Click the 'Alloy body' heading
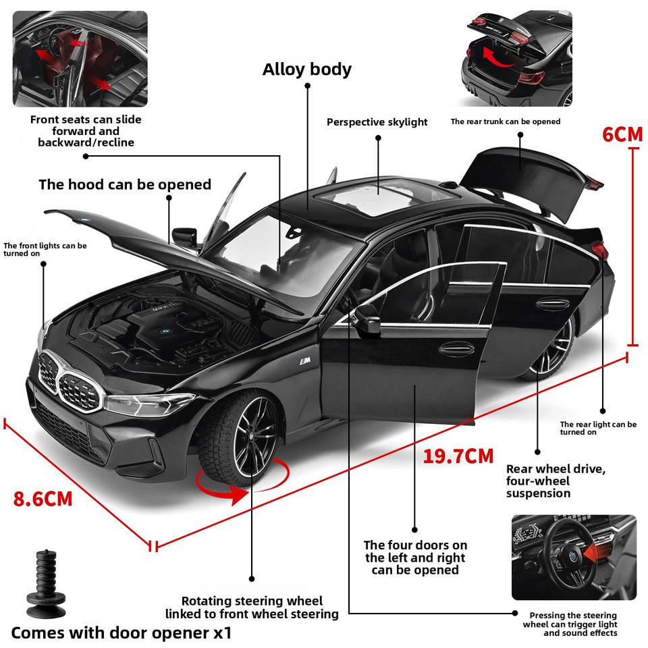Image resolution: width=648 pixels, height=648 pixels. pyautogui.click(x=307, y=69)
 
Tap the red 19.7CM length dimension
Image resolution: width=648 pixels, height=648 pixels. pyautogui.click(x=458, y=456)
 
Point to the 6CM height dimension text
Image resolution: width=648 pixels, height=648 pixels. pyautogui.click(x=622, y=134)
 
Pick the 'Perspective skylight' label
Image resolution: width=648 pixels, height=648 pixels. pyautogui.click(x=377, y=122)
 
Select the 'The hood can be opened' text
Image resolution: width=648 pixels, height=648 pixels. pyautogui.click(x=125, y=184)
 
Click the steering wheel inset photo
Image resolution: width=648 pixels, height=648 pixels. pyautogui.click(x=574, y=557)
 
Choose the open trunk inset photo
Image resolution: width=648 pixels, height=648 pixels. pyautogui.click(x=516, y=58)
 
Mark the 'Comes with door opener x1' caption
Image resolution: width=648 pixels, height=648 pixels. pyautogui.click(x=122, y=633)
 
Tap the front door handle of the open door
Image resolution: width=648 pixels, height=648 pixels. pyautogui.click(x=457, y=348)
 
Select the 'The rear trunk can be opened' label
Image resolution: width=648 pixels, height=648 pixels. pyautogui.click(x=506, y=122)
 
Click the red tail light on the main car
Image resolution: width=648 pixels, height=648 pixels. pyautogui.click(x=599, y=251)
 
